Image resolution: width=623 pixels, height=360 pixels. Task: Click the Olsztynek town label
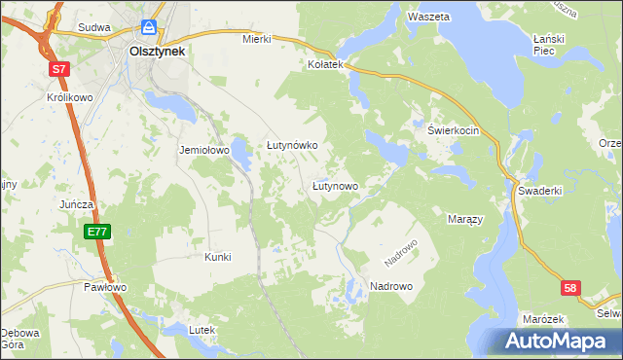pos(157,50)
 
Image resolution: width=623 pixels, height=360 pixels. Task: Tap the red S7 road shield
pos(60,69)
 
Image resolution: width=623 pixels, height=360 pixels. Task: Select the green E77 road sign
pos(95,232)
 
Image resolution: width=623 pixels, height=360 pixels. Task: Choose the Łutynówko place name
pos(293,145)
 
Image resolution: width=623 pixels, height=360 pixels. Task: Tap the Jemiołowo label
pos(202,151)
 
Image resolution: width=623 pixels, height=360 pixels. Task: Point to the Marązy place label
pos(465,220)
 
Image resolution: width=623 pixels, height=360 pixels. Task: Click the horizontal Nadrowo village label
pos(391,286)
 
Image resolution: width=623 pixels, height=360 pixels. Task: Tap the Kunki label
pos(217,257)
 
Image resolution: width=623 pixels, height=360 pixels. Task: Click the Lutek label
pos(202,331)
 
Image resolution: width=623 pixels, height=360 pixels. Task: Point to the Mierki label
pos(255,40)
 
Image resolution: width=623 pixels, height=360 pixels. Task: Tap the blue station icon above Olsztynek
pos(149,27)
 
